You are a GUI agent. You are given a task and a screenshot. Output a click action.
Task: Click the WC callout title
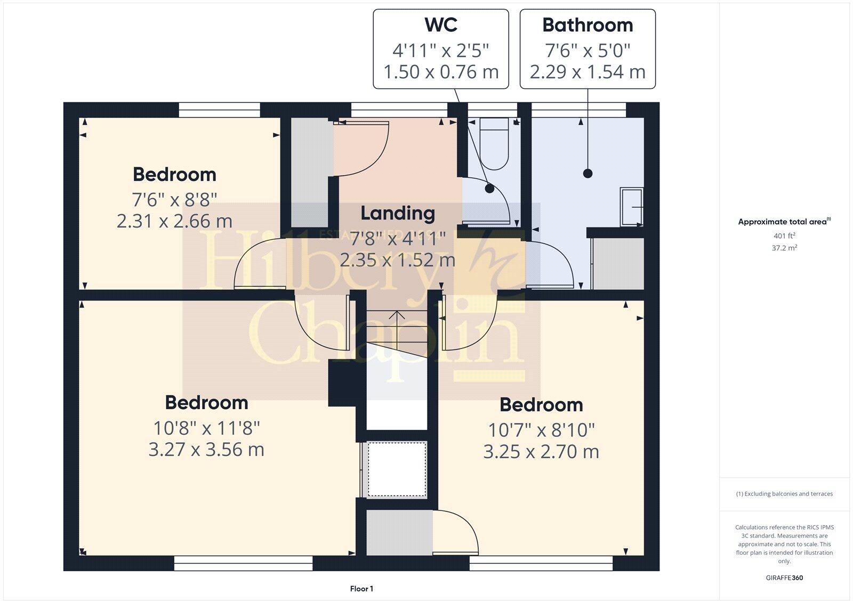(440, 25)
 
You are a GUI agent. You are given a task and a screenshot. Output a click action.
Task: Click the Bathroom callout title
(588, 25)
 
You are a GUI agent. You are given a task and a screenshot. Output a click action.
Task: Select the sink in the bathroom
(632, 206)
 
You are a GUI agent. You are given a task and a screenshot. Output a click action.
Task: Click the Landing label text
(398, 213)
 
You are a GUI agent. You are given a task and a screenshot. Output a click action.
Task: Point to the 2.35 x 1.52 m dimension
(398, 260)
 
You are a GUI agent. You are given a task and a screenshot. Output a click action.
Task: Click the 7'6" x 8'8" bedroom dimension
(174, 200)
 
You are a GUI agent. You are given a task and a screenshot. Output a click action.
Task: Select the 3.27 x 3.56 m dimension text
(206, 449)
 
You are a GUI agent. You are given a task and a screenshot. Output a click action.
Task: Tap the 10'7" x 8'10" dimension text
(541, 429)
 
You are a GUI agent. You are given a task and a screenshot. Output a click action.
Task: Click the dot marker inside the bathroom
(588, 173)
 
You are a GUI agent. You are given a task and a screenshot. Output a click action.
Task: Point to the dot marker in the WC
(489, 188)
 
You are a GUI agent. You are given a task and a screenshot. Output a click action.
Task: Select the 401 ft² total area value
(784, 235)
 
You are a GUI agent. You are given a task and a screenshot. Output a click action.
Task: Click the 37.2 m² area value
(784, 248)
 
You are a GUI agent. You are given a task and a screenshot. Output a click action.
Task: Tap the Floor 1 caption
(361, 589)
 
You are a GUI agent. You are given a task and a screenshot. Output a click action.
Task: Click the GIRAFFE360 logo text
(784, 578)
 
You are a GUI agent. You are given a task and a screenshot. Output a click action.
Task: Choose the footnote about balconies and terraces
(784, 494)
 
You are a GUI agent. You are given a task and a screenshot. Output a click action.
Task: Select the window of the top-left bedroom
(219, 110)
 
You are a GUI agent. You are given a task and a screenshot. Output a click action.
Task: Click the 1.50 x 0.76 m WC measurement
(440, 72)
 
